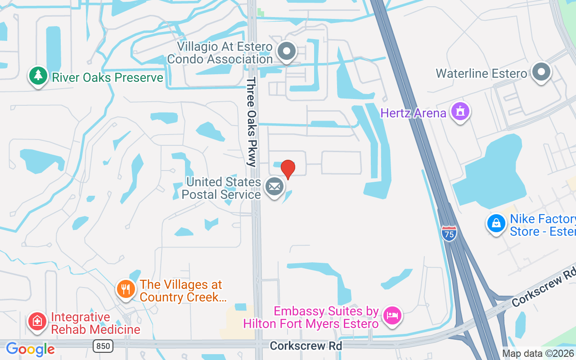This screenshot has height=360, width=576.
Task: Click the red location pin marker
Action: tap(288, 169)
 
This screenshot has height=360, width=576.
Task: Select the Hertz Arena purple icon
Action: tap(460, 112)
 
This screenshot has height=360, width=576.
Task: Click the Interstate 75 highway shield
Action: tap(449, 233)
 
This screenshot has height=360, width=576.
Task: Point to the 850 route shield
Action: tap(103, 346)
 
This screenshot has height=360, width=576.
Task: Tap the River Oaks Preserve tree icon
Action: tap(38, 76)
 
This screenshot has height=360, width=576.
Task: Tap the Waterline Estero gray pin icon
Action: tap(541, 72)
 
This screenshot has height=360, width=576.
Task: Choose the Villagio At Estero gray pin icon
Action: tap(286, 51)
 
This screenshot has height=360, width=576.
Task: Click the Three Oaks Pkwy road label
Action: tap(251, 122)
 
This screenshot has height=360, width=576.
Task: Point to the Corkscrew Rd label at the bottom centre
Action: tap(306, 346)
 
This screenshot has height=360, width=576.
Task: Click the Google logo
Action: tap(30, 349)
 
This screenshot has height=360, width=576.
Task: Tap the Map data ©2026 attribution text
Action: tap(538, 353)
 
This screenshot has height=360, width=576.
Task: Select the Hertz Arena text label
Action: tap(413, 112)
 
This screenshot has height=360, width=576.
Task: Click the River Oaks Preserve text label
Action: tap(108, 77)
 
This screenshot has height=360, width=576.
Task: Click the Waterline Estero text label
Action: tap(481, 73)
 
